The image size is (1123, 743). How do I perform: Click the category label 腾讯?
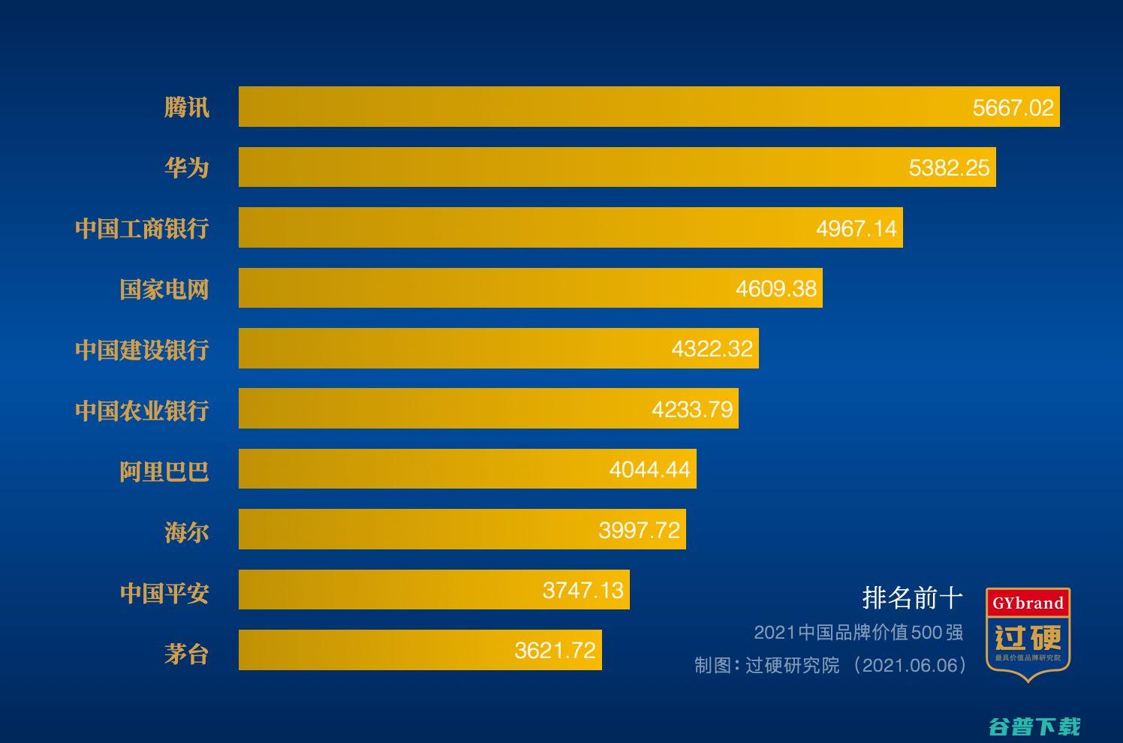tap(186, 107)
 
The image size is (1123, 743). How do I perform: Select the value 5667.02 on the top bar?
tap(1013, 107)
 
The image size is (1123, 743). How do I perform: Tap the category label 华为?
tap(186, 167)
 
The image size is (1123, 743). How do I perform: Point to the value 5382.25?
tap(949, 167)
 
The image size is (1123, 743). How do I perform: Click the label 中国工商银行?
tap(142, 228)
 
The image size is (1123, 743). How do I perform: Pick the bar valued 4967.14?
tap(525, 227)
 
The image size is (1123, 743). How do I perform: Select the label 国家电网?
tap(164, 289)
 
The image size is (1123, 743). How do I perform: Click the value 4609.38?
tap(775, 288)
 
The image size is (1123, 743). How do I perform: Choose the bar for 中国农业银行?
tap(450, 408)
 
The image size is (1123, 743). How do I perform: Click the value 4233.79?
tap(691, 409)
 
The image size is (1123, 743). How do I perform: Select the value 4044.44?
tap(649, 470)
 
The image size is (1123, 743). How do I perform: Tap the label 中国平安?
tap(164, 593)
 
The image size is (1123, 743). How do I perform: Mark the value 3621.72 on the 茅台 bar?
tap(555, 650)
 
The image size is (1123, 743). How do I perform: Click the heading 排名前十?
tap(912, 598)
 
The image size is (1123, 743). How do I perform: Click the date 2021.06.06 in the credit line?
tap(911, 666)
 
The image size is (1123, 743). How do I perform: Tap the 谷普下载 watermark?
tap(1034, 726)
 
